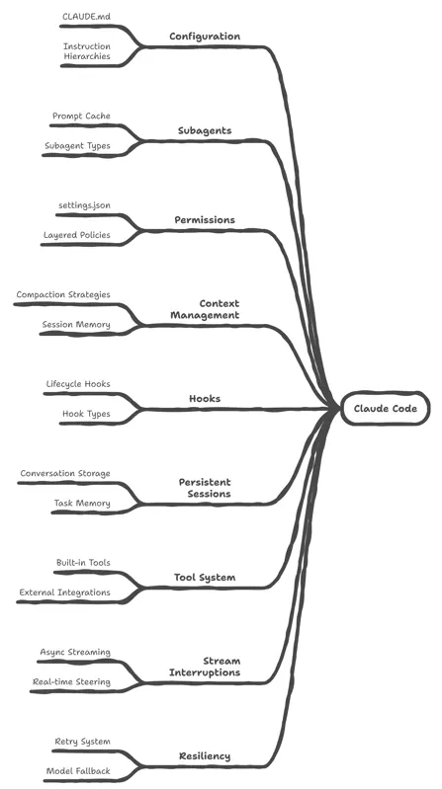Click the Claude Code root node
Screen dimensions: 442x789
click(385, 408)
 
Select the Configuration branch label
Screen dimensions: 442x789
click(205, 37)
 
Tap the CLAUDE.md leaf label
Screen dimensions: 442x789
click(86, 17)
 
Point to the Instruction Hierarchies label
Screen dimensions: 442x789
click(87, 51)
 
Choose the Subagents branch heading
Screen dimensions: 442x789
click(205, 130)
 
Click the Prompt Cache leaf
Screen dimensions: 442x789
click(81, 117)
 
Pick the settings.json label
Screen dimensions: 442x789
click(85, 205)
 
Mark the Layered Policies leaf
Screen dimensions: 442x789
click(76, 235)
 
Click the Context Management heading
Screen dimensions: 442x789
click(205, 309)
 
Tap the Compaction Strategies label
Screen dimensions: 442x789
click(63, 295)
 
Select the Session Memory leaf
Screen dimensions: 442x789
click(76, 325)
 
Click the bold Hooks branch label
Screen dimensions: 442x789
click(205, 399)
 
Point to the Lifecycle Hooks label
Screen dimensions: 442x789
click(78, 384)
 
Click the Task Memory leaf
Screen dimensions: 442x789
click(82, 504)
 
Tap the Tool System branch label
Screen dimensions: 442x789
click(205, 577)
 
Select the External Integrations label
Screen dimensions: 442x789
click(64, 592)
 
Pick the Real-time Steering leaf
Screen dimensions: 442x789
click(71, 682)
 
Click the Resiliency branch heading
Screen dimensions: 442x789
click(205, 756)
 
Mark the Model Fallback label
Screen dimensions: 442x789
click(78, 771)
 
